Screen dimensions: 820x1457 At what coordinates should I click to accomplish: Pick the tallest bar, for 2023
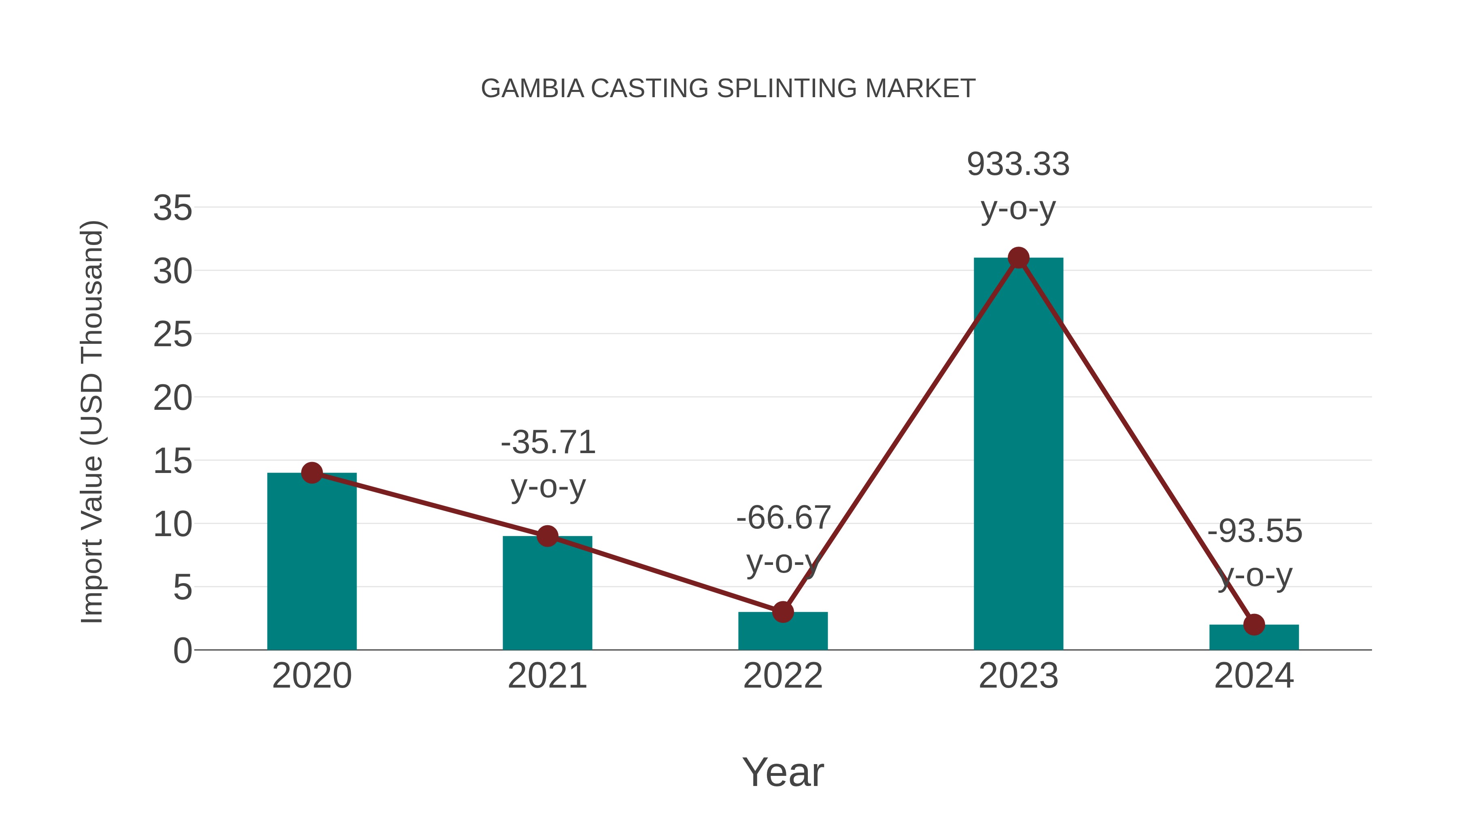pos(1018,453)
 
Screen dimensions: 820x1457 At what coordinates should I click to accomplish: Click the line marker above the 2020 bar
pos(312,473)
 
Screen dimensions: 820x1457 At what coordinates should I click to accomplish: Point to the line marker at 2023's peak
pos(1018,258)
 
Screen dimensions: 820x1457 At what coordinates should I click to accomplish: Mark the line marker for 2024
pos(1253,625)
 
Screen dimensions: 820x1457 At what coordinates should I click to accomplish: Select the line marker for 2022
pos(782,612)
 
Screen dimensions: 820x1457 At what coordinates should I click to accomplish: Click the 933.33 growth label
pos(1018,165)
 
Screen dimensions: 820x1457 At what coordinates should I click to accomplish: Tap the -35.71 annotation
pos(548,443)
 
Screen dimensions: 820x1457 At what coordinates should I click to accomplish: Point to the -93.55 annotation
pos(1255,531)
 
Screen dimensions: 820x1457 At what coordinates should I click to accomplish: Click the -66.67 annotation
pos(784,518)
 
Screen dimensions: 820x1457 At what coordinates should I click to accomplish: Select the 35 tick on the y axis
pos(172,208)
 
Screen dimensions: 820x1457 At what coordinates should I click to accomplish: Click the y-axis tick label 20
pos(172,398)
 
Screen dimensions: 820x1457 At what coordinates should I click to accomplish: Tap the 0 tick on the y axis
pos(182,651)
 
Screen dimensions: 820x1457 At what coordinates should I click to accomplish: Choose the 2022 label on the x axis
pos(782,676)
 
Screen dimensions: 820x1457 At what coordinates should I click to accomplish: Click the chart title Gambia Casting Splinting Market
pos(728,89)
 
